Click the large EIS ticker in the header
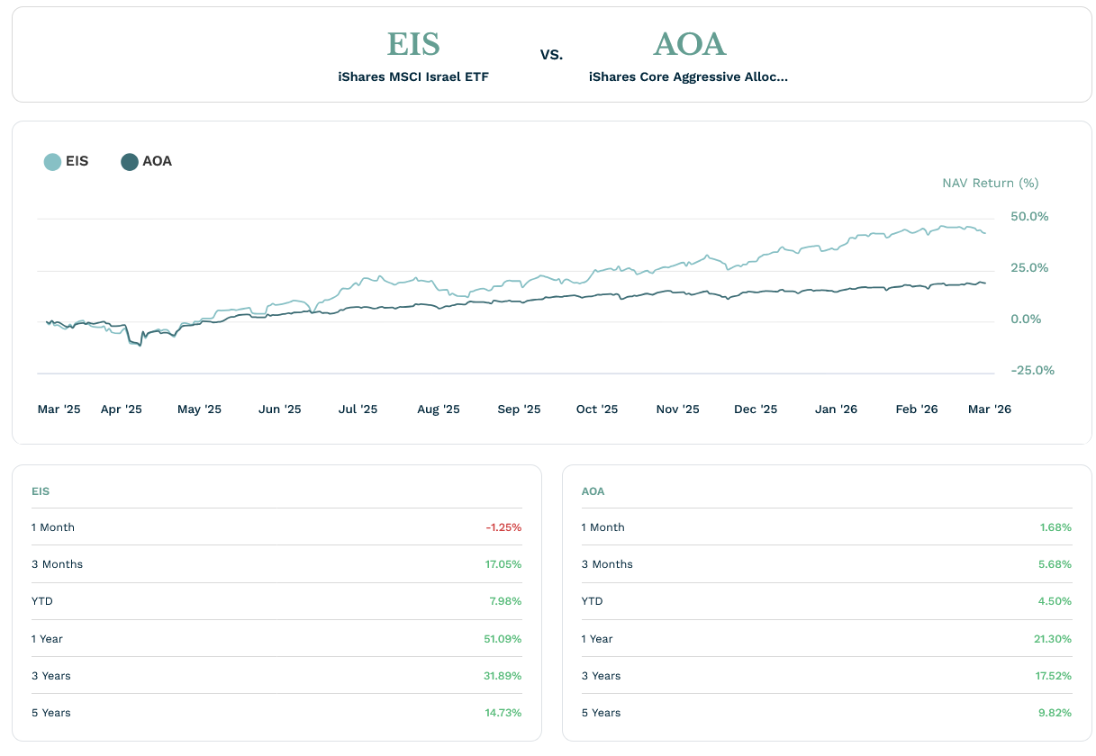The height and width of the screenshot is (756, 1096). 413,44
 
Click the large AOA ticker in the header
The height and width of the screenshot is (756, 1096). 689,44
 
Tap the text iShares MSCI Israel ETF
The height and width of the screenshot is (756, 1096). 413,77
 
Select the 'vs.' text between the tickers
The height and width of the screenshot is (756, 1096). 551,55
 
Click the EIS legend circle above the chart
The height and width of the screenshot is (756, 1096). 52,162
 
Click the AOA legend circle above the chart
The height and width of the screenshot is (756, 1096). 130,162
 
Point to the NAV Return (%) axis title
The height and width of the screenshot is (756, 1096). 990,184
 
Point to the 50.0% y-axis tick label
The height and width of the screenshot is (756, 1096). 1029,217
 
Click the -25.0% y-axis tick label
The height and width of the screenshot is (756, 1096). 1032,371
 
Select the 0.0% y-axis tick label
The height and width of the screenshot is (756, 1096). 1026,319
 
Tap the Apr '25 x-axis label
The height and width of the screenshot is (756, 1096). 122,409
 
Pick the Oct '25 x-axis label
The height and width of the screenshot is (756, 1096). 597,409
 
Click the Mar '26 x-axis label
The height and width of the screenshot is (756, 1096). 989,409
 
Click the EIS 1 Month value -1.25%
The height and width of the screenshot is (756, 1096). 503,527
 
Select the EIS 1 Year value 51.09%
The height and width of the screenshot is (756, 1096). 503,639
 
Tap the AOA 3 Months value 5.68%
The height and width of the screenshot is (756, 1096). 1055,564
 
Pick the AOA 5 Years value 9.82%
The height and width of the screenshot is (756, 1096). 1055,713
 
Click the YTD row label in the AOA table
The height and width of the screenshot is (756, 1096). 592,601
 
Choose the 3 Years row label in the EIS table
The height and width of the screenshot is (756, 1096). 50,676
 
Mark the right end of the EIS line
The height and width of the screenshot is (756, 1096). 985,233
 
